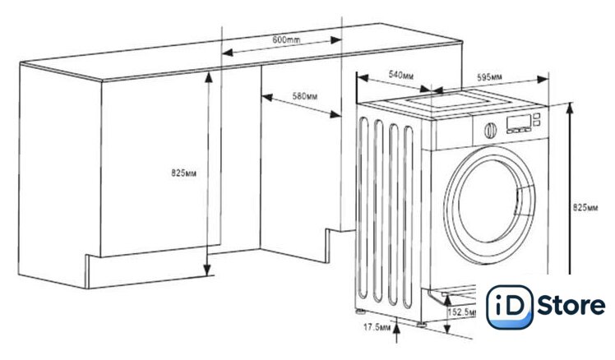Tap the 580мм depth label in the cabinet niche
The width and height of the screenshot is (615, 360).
305,96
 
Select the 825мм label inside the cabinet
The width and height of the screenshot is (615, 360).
183,173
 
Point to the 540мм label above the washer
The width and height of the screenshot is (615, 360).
400,75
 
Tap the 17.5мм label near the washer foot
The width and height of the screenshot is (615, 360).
372,327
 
